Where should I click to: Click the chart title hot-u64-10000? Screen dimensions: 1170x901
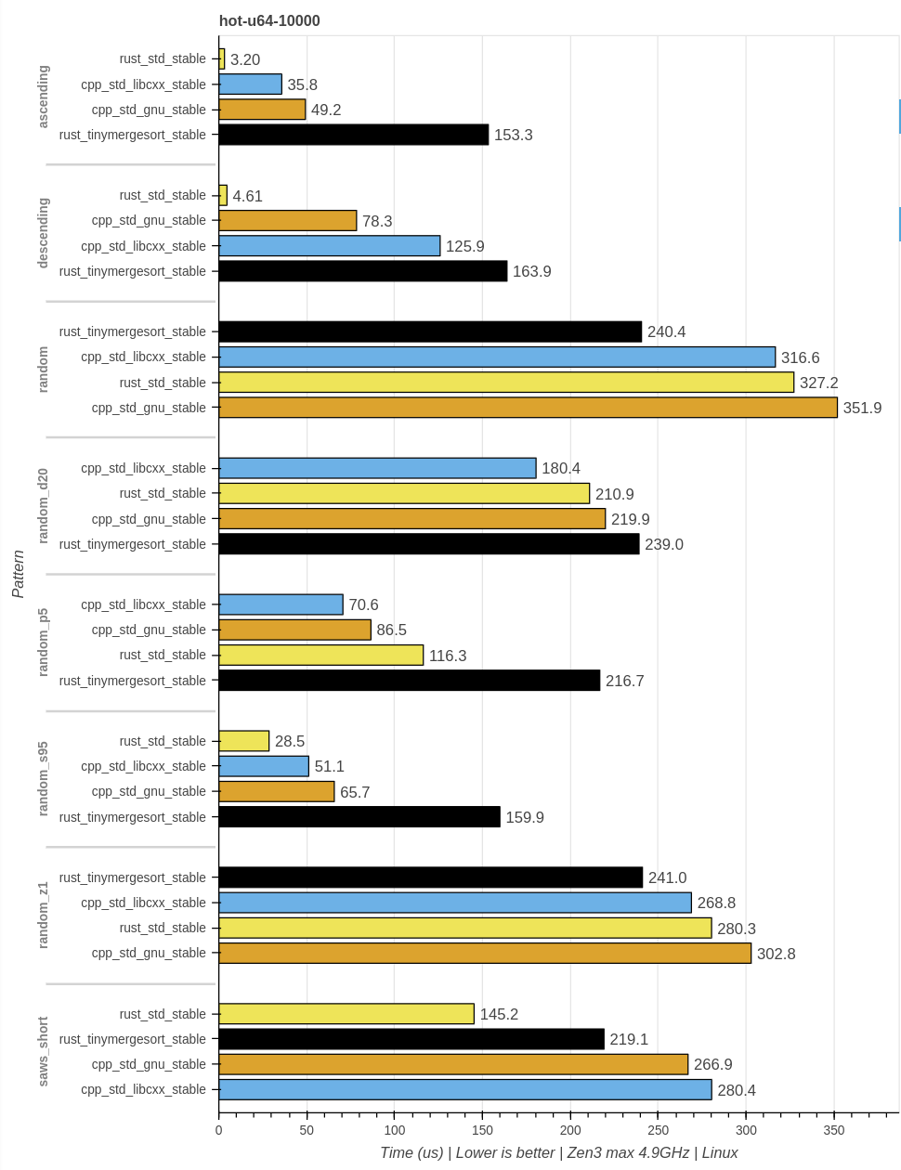[x=269, y=20]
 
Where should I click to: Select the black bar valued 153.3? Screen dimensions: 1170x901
[x=354, y=135]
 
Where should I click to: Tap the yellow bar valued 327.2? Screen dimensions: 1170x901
[x=506, y=383]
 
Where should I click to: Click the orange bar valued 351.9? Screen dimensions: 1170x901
[x=528, y=408]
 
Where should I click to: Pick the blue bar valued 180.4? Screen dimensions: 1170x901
[x=377, y=468]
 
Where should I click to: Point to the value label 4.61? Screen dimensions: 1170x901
[x=248, y=196]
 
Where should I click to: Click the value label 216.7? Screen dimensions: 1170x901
[x=624, y=681]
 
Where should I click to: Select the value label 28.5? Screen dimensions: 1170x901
[x=290, y=741]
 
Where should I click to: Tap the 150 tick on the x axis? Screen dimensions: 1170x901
[x=482, y=1130]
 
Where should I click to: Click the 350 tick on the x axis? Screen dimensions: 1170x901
[x=834, y=1130]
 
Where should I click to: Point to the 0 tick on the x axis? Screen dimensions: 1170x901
[x=219, y=1130]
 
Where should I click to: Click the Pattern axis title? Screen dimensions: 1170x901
[x=19, y=574]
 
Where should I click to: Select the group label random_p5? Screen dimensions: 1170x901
[x=43, y=643]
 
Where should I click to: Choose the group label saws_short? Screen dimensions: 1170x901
[x=43, y=1051]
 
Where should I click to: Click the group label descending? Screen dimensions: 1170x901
[x=43, y=233]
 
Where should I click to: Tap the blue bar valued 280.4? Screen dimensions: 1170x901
[x=465, y=1089]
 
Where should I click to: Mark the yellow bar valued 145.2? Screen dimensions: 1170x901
[x=346, y=1014]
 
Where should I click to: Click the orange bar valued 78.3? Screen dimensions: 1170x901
[x=288, y=220]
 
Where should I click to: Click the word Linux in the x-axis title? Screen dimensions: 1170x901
[x=720, y=1152]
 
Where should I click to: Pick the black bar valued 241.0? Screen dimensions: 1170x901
[x=431, y=877]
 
